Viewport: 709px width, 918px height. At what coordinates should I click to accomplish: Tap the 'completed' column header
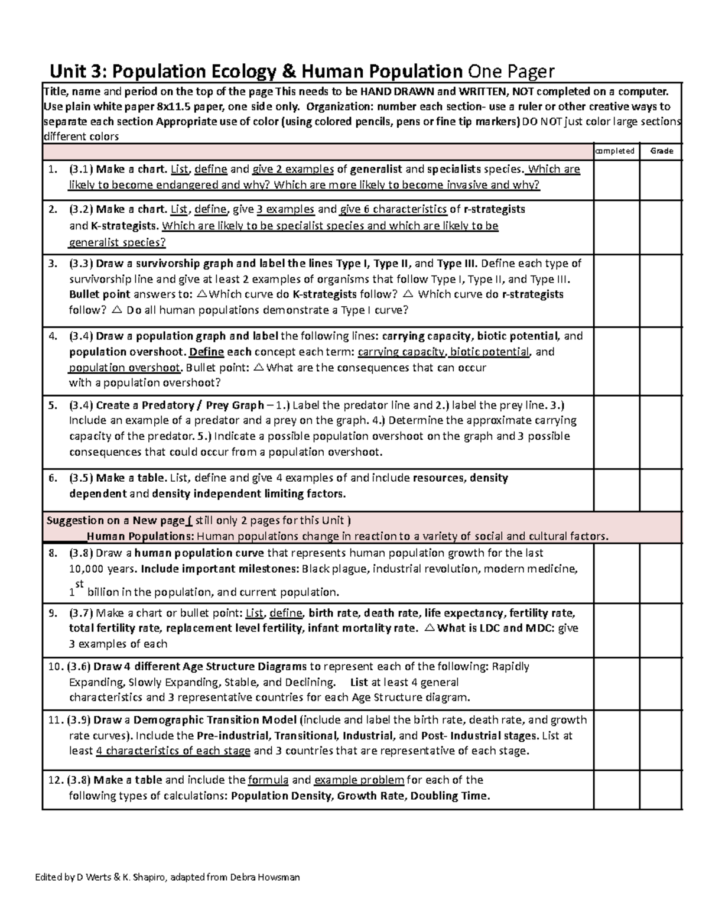(616, 151)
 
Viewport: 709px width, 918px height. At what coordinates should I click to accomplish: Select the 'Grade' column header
(661, 151)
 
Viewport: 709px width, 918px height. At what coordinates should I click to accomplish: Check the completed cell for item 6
(616, 490)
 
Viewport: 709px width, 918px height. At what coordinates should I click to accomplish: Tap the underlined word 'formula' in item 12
(268, 780)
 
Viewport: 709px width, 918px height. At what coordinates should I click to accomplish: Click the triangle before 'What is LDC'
(429, 628)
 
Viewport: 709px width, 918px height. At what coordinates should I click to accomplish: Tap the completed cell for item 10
(616, 683)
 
